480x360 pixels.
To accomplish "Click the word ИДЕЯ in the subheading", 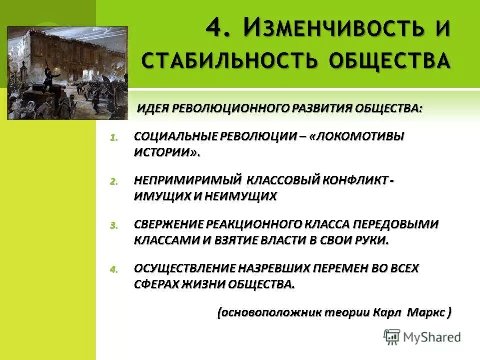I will (154, 109).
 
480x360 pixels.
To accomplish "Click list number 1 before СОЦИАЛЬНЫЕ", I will (113, 138).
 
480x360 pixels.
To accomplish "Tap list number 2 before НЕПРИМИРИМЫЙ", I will (113, 182).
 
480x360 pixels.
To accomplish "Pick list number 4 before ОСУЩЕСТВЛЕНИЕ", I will (113, 269).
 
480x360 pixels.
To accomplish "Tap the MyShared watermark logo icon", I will (392, 337).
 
